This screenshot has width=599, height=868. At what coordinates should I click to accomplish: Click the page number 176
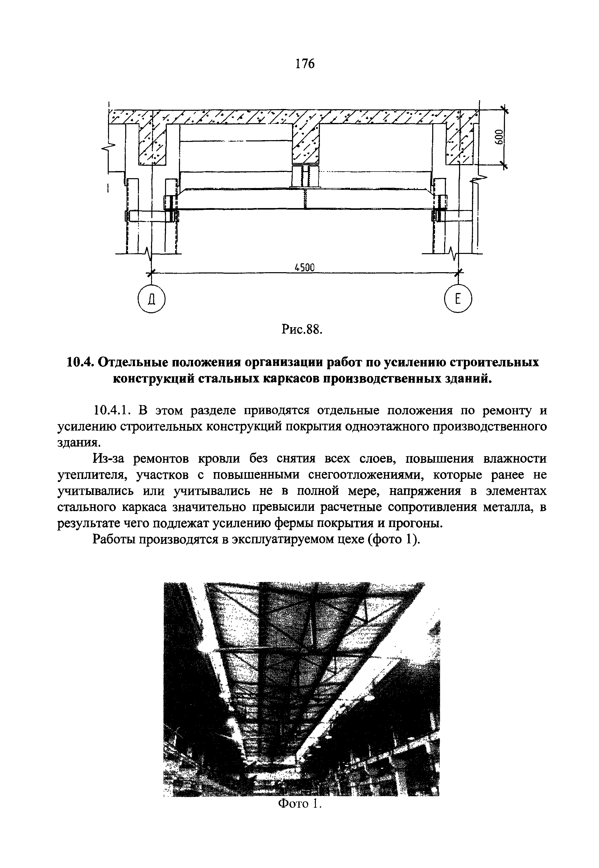click(304, 64)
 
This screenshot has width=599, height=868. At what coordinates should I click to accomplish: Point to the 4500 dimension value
click(304, 267)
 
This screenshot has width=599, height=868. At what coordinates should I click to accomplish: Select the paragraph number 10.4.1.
click(112, 411)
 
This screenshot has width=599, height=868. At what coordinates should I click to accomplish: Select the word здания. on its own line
click(79, 443)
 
